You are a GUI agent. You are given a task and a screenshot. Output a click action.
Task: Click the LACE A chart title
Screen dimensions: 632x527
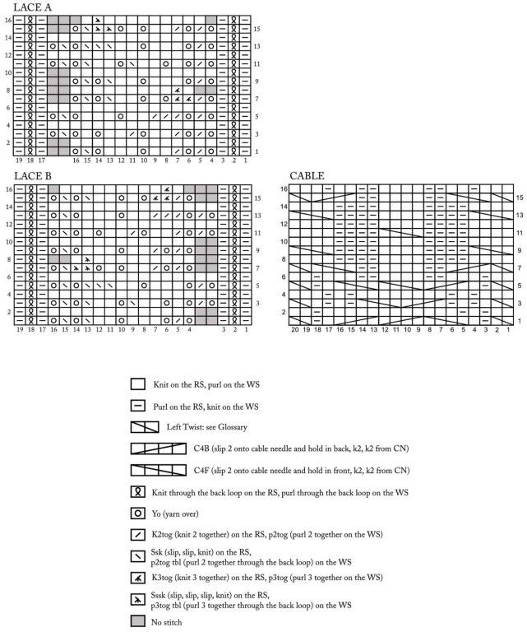click(34, 7)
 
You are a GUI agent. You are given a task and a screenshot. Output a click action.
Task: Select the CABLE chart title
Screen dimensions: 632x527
click(307, 176)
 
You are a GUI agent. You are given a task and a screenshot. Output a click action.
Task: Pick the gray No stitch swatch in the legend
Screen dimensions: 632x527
click(138, 622)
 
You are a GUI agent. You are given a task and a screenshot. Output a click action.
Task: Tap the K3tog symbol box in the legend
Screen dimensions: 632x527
click(138, 578)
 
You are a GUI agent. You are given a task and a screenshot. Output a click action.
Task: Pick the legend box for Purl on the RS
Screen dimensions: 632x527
click(138, 405)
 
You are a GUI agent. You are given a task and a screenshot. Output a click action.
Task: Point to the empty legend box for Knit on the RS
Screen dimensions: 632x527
click(138, 383)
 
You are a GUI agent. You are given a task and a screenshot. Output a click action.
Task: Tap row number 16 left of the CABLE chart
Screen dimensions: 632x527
click(284, 189)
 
